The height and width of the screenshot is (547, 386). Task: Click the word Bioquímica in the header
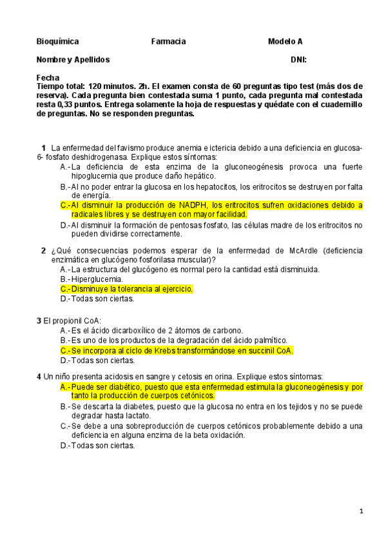click(x=58, y=41)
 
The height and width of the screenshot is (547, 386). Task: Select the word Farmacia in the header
click(x=168, y=41)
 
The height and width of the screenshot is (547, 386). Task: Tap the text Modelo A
click(x=285, y=41)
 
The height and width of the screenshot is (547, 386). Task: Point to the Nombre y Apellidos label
click(x=73, y=59)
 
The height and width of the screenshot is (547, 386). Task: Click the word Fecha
click(x=48, y=77)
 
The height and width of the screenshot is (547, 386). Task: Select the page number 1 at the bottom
click(x=362, y=511)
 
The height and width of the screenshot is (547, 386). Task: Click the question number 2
click(x=43, y=251)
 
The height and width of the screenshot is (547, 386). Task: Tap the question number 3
click(x=39, y=321)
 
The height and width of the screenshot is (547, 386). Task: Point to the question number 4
click(x=39, y=377)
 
